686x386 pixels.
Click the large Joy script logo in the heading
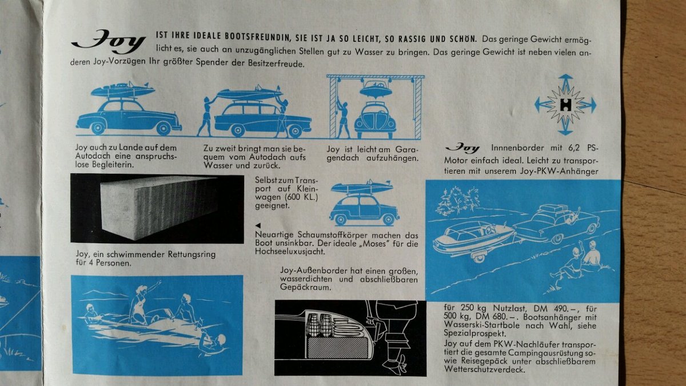(109, 42)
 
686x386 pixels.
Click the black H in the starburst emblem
(565, 105)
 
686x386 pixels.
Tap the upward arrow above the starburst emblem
(565, 82)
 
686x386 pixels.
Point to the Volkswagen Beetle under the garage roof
(375, 120)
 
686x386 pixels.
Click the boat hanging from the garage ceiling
(376, 89)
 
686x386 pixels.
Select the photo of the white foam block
(157, 209)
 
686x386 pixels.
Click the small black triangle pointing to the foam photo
(258, 225)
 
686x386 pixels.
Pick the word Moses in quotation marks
(376, 244)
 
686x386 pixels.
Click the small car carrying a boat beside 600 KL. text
(364, 203)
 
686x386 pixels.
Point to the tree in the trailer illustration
(457, 200)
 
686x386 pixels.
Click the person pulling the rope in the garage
(343, 117)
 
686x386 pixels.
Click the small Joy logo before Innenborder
(462, 148)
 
